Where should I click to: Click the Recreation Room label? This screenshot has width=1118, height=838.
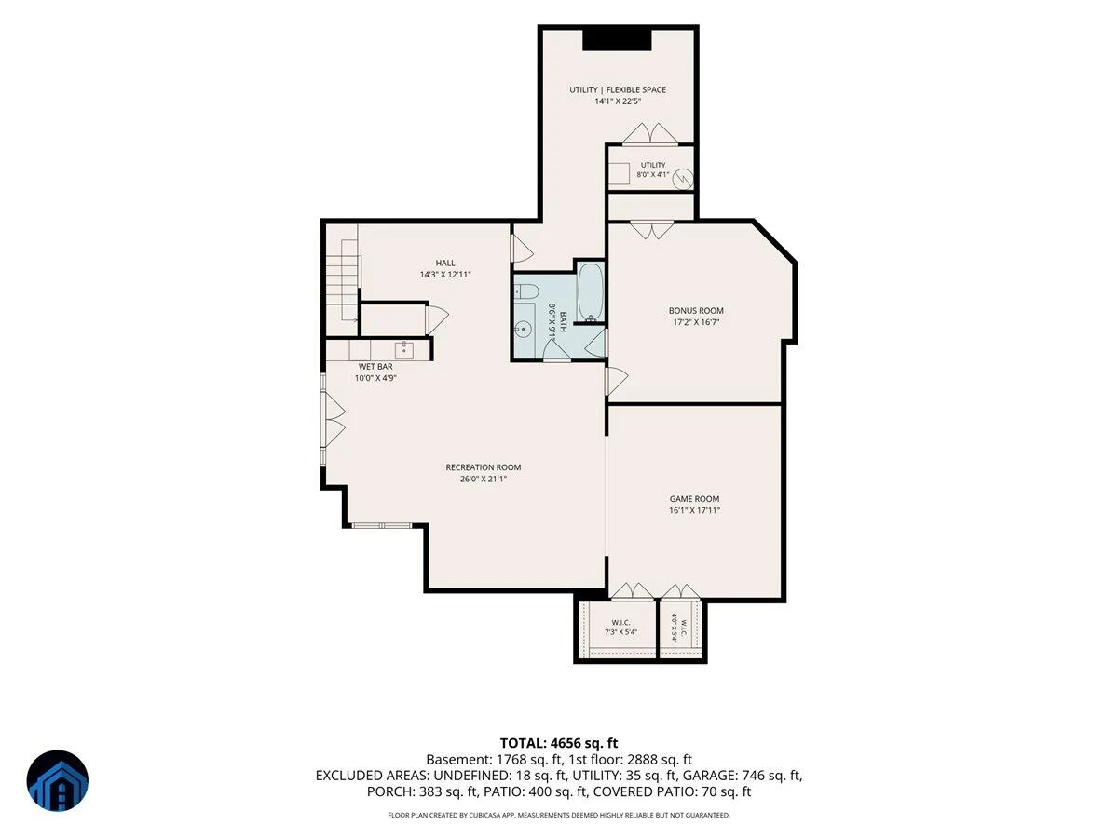[x=483, y=467]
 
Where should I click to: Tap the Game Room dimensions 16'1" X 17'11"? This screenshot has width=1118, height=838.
[x=694, y=510]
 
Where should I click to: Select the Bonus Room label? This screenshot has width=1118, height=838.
[x=696, y=310]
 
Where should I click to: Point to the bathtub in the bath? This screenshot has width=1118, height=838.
[x=591, y=291]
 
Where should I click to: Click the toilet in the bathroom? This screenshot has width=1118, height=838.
[x=526, y=292]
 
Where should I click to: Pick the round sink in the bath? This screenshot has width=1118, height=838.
[x=522, y=330]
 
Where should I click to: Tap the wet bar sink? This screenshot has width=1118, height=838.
[x=404, y=349]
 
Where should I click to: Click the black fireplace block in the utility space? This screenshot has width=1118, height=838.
[x=617, y=39]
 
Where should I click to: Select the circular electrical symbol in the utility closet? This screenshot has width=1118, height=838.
[x=682, y=179]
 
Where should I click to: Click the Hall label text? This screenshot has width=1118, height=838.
[x=445, y=264]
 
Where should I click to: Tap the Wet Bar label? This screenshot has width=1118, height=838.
[x=375, y=366]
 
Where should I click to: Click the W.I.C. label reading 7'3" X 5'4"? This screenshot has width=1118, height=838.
[x=620, y=628]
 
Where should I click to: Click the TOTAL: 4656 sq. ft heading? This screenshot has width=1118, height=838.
[x=559, y=743]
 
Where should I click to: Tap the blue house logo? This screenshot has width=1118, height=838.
[x=58, y=780]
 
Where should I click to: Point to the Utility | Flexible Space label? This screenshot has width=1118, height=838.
[x=618, y=89]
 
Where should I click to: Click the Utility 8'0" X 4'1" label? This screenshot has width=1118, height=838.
[x=652, y=170]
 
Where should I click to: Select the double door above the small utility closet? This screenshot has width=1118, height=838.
[x=650, y=134]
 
